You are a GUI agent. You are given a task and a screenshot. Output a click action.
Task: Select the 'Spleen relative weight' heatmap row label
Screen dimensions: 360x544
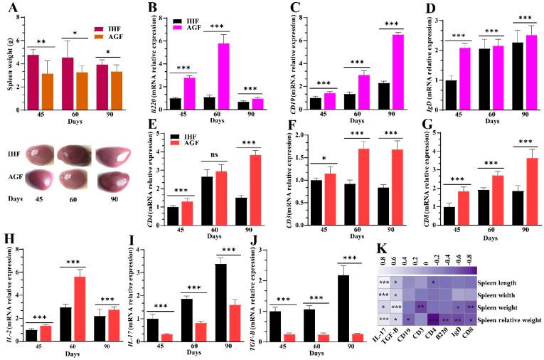coord(508,321)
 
